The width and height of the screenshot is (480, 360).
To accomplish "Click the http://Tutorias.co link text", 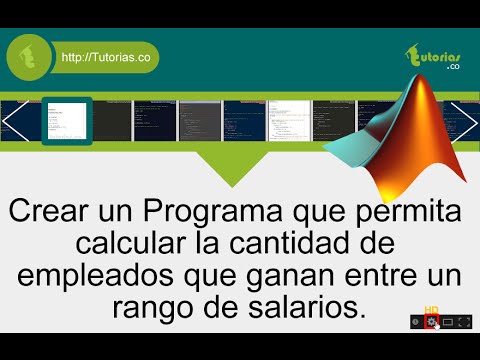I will tap(105, 59).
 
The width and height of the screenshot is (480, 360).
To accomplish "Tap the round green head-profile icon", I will tap(30, 58).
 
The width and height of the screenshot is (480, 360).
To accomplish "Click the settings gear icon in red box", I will tap(432, 321).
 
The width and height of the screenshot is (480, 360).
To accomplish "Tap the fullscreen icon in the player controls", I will tap(465, 321).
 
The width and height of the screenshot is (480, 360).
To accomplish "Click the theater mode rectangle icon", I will tap(449, 321).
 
